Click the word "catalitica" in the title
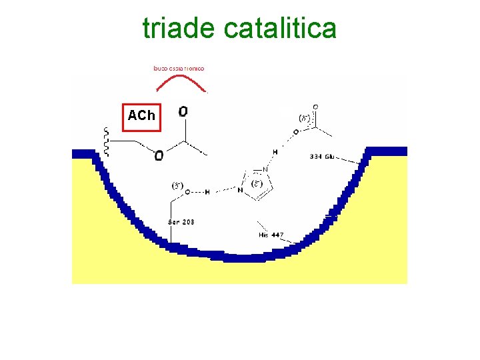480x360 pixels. (280, 29)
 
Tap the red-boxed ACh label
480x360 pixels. (141, 115)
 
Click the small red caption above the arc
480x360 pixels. (179, 68)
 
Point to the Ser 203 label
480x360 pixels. (181, 221)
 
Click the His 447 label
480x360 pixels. (271, 235)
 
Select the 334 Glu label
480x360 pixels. (323, 157)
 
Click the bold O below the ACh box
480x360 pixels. (159, 157)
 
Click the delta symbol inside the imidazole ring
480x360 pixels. (256, 183)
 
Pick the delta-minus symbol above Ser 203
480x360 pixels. (177, 185)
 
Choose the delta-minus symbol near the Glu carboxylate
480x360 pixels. (304, 118)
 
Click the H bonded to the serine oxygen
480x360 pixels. (207, 192)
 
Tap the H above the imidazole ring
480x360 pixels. (275, 152)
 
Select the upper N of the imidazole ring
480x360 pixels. (265, 170)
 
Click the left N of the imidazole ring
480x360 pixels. (240, 190)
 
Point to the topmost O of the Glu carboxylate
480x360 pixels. (315, 106)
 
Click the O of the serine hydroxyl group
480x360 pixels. (187, 192)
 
